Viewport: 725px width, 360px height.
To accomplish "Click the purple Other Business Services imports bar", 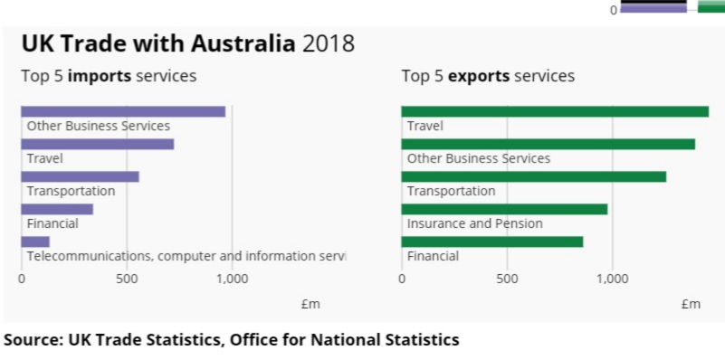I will point(123,111).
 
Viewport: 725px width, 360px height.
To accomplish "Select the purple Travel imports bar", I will point(97,144).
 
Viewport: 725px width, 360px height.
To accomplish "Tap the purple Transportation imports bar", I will point(80,176).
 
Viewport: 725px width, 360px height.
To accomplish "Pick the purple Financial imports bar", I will point(57,209).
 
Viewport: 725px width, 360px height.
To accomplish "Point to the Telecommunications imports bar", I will point(35,242).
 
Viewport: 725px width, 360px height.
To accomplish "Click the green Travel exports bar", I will point(555,111).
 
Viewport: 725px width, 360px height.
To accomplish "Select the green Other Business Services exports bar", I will point(548,144).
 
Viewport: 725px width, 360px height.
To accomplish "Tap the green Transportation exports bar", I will point(533,176).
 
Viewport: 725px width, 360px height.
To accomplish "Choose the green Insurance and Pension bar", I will point(504,209).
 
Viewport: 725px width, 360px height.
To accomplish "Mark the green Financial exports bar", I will point(491,242).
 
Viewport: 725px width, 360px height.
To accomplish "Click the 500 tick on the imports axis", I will point(127,279).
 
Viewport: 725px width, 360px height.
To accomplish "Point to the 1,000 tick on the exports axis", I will point(612,279).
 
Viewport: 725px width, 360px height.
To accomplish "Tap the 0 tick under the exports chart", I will point(402,279).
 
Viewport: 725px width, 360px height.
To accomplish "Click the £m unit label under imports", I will point(310,304).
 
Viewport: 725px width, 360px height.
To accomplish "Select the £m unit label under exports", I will point(691,304).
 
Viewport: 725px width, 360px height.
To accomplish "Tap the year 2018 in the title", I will point(329,43).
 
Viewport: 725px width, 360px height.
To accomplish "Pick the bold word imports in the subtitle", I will point(98,76).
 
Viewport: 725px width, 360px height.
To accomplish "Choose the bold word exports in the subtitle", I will point(478,76).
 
